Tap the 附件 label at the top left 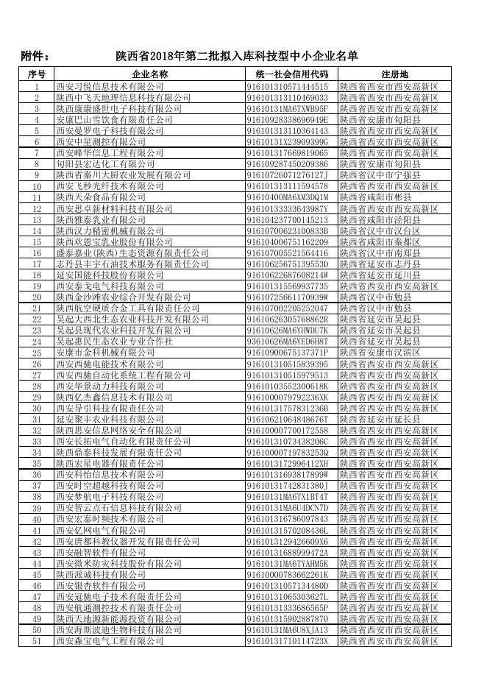point(35,57)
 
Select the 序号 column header point(37,74)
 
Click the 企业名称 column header point(150,74)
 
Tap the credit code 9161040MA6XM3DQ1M point(288,197)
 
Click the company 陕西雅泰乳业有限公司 point(101,219)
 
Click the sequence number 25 point(37,353)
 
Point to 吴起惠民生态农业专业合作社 point(115,342)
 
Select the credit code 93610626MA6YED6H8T point(288,342)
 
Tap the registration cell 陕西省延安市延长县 point(380,420)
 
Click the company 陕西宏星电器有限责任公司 point(108,464)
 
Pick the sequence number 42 point(37,542)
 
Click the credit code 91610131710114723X point(288,641)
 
